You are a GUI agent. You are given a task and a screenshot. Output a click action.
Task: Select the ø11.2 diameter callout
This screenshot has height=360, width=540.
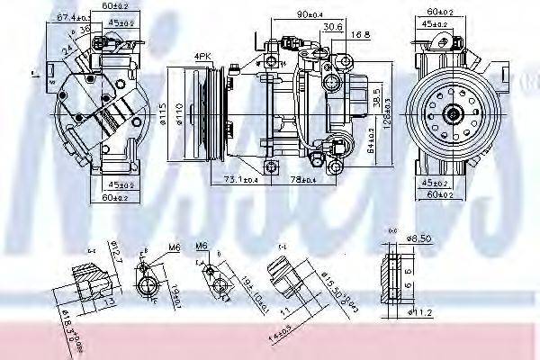420,312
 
